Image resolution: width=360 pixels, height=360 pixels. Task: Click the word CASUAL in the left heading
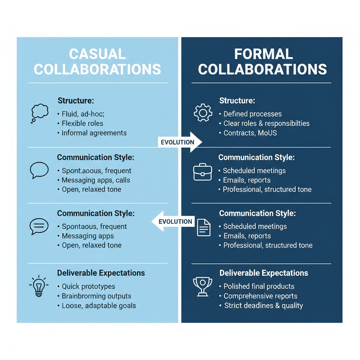tap(97, 54)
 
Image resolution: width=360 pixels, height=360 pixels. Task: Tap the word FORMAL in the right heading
tap(263, 54)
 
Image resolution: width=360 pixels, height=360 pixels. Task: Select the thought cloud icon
tap(39, 113)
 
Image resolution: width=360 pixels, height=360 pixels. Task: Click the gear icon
tap(203, 113)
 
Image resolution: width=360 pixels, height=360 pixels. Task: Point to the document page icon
tap(204, 227)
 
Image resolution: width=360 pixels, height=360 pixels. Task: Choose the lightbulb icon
tap(39, 286)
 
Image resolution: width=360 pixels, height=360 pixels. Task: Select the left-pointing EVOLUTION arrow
tap(173, 221)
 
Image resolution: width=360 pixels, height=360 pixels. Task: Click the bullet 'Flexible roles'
tap(82, 123)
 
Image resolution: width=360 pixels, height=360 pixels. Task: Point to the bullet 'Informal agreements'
tap(94, 133)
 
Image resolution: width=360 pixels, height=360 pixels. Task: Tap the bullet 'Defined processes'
tap(252, 114)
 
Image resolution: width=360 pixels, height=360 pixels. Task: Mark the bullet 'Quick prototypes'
tap(88, 287)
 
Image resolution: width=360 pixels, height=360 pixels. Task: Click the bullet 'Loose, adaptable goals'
tap(98, 306)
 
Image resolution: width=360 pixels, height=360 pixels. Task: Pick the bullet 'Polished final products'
tap(259, 287)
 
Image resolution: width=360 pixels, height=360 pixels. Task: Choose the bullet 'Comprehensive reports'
tap(261, 296)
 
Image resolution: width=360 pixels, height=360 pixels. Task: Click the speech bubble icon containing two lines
tap(39, 226)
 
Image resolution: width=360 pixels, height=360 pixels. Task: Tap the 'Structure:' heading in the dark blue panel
tap(237, 101)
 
